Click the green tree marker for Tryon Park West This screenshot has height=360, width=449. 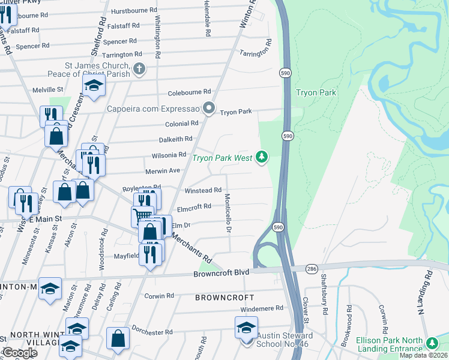(x=261, y=157)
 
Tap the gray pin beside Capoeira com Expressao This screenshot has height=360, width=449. (x=209, y=109)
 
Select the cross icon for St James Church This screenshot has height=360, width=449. (x=139, y=68)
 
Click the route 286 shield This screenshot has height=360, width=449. (x=311, y=268)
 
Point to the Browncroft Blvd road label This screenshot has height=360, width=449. (x=221, y=272)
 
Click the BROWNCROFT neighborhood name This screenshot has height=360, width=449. (x=224, y=298)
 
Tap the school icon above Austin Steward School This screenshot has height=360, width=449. (x=246, y=328)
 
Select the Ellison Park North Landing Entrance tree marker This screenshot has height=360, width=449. (x=432, y=343)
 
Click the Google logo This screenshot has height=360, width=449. (x=19, y=353)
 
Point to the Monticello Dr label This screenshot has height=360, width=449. (x=228, y=213)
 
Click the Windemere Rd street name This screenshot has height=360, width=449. (x=262, y=308)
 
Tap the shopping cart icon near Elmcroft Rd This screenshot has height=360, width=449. (x=142, y=216)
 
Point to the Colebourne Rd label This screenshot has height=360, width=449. (x=190, y=92)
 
